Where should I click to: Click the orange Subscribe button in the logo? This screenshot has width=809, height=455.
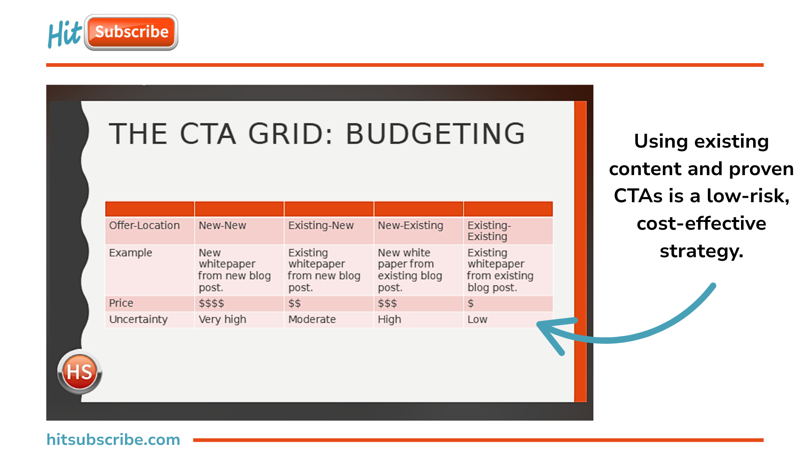(x=131, y=32)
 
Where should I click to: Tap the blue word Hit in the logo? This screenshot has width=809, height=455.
(x=65, y=34)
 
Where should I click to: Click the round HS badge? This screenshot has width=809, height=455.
(x=80, y=372)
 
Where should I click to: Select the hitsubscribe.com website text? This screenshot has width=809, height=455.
(x=113, y=440)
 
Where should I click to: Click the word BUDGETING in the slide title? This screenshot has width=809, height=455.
(x=435, y=134)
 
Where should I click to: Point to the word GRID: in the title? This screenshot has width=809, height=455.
(x=290, y=134)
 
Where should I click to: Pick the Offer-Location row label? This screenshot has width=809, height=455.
(x=144, y=225)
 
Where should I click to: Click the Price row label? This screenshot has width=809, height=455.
(x=121, y=303)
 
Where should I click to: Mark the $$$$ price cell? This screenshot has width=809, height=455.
(x=211, y=303)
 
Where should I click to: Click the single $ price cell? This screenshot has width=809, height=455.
(x=470, y=303)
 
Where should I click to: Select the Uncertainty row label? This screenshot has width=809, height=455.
(x=138, y=320)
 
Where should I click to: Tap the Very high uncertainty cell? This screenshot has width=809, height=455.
(x=222, y=320)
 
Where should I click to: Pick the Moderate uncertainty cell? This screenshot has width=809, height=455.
(x=312, y=320)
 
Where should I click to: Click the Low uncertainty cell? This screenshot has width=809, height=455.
(x=477, y=320)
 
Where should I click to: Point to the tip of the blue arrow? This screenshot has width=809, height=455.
(x=538, y=324)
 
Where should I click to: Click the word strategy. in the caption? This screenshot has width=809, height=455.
(x=701, y=252)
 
